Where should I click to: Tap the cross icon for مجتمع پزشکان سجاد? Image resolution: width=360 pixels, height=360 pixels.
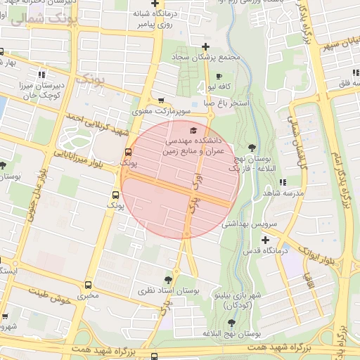tap(205, 46)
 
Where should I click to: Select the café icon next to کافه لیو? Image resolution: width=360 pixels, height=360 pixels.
tap(219, 76)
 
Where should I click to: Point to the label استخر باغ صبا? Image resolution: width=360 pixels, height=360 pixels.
tap(225, 103)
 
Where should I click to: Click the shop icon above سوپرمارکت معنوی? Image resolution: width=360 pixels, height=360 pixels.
tap(161, 100)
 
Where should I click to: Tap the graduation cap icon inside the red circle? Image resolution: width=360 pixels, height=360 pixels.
tap(194, 130)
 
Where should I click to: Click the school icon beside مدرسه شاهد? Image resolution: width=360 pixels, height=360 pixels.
tap(282, 182)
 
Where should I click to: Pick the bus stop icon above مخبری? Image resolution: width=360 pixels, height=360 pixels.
tap(88, 285)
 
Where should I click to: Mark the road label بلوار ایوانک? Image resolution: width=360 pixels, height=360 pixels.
tap(317, 253)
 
